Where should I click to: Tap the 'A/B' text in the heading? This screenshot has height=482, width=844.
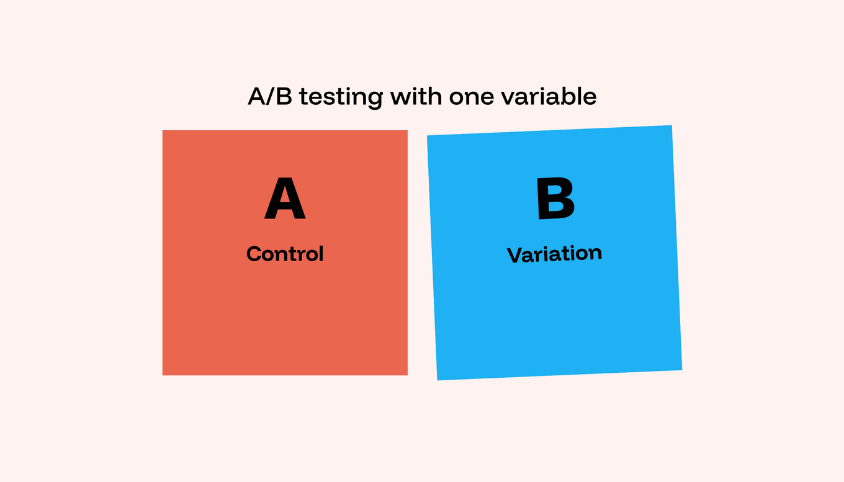(x=270, y=97)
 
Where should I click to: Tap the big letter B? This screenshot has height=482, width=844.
(x=555, y=199)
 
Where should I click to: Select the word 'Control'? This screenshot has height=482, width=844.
(x=285, y=254)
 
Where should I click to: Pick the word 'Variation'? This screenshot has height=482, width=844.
(x=554, y=254)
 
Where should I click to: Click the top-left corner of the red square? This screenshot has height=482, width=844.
(x=163, y=131)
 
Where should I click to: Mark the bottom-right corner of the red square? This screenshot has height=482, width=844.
(x=407, y=375)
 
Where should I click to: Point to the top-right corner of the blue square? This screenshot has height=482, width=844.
(x=671, y=126)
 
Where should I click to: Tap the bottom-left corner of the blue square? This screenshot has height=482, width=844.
(x=438, y=380)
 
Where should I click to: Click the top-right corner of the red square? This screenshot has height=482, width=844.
(x=407, y=131)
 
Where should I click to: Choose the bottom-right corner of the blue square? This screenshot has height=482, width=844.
(x=681, y=370)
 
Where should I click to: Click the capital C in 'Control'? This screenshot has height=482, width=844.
(x=254, y=254)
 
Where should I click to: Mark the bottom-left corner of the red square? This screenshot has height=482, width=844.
(x=163, y=375)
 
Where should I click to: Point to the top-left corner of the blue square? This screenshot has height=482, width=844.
(x=428, y=136)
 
